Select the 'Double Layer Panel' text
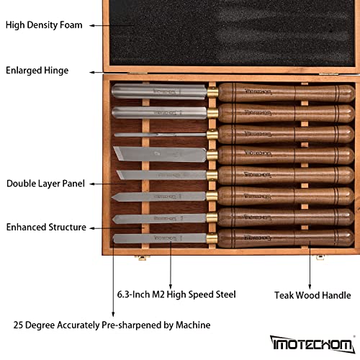[46, 184]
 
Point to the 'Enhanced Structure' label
[46, 228]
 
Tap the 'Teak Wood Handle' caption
[312, 294]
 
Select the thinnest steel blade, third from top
[158, 134]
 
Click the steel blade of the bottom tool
[158, 236]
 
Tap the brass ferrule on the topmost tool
[213, 92]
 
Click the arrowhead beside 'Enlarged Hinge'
[94, 71]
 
